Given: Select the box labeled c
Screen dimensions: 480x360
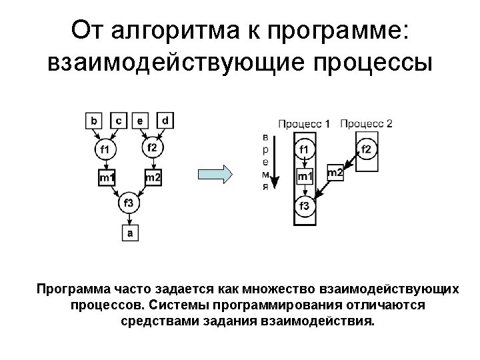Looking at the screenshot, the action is click(x=118, y=121).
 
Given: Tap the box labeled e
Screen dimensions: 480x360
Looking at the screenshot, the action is click(x=140, y=121).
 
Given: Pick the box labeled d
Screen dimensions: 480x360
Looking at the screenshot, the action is click(x=165, y=121).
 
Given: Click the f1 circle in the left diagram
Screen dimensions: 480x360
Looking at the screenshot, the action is click(x=105, y=149).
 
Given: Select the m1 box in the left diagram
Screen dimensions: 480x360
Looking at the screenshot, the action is click(x=107, y=177).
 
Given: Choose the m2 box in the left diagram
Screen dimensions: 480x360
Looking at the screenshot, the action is click(x=153, y=177).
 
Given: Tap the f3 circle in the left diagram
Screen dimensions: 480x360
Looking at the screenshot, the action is click(x=129, y=203).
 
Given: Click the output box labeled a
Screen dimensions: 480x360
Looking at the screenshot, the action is click(x=129, y=233).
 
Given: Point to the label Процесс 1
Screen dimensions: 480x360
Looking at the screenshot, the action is click(x=303, y=123).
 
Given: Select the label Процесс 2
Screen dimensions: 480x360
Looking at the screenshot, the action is click(x=366, y=123).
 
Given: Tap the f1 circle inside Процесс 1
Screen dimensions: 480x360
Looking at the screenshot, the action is click(x=304, y=149).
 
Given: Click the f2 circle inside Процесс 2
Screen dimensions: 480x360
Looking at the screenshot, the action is click(x=366, y=149).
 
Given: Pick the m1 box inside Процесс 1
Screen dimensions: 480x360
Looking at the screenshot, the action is click(x=304, y=177).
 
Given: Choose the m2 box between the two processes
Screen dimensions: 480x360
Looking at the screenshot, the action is click(x=335, y=173).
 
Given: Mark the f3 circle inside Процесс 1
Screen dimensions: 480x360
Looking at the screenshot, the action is click(x=304, y=205).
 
